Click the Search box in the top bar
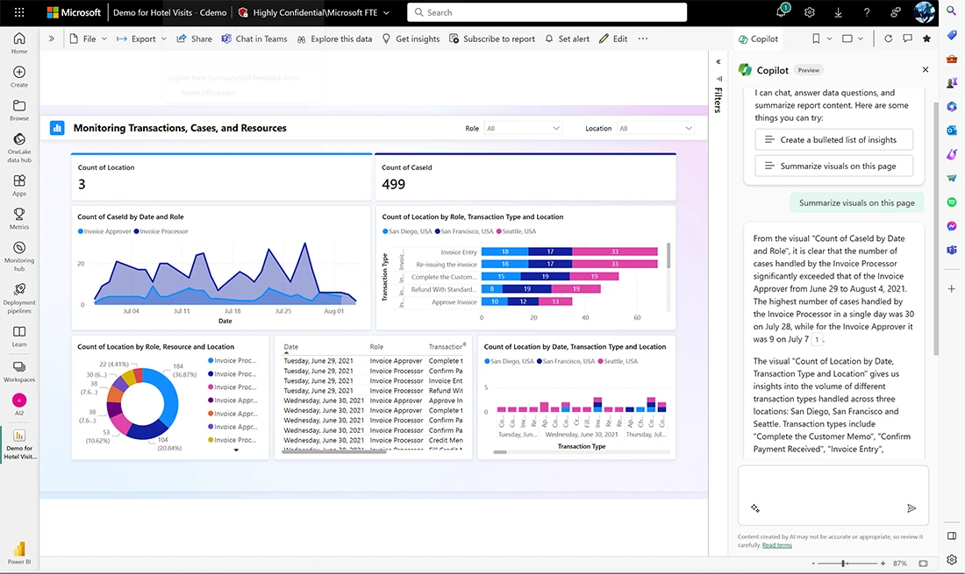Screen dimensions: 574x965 (547, 12)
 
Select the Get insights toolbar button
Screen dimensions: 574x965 (411, 39)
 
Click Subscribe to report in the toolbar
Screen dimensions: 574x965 (492, 39)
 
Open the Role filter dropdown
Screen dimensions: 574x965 (523, 128)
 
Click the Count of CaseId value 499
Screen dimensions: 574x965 (394, 184)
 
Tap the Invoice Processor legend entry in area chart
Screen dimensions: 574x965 (163, 231)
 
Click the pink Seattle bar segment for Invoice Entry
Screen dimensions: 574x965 (614, 252)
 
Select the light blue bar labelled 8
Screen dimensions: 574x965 (492, 289)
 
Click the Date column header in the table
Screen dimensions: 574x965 (291, 347)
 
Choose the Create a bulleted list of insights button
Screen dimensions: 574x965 (833, 139)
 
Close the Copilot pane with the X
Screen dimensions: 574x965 (925, 70)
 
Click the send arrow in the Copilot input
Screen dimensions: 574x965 (911, 508)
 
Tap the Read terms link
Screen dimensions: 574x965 (776, 545)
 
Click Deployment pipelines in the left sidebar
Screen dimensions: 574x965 (19, 298)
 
